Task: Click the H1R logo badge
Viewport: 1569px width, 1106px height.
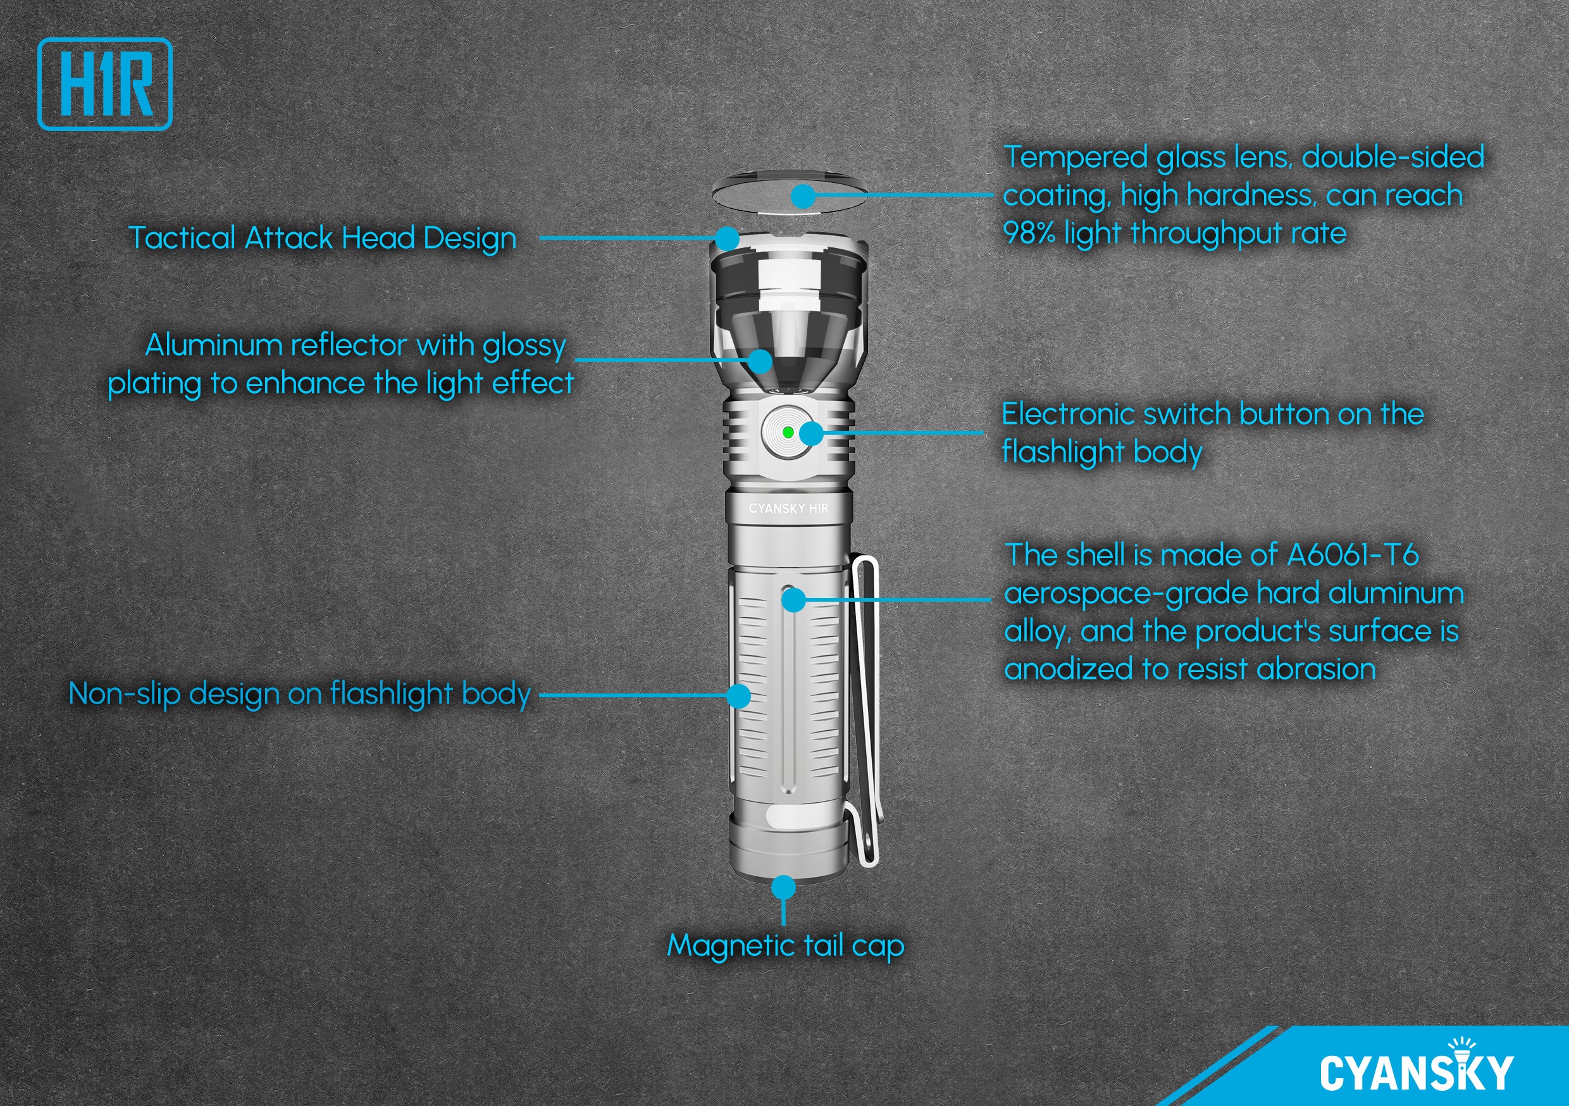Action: pyautogui.click(x=104, y=84)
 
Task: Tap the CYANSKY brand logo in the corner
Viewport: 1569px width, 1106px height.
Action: pyautogui.click(x=1417, y=1067)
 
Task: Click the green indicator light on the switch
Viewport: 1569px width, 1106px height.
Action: pyautogui.click(x=787, y=432)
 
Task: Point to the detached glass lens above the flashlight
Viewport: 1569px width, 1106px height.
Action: pyautogui.click(x=790, y=194)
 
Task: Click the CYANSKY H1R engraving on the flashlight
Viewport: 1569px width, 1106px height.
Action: pyautogui.click(x=788, y=509)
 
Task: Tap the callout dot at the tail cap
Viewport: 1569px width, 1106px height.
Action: pyautogui.click(x=783, y=888)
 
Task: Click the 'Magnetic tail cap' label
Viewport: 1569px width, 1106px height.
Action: pyautogui.click(x=785, y=946)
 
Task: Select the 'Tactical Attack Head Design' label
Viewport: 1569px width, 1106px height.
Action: pyautogui.click(x=323, y=239)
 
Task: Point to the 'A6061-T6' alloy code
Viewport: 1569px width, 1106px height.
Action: pyautogui.click(x=1353, y=555)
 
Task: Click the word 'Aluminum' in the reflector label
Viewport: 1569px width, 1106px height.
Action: pyautogui.click(x=214, y=345)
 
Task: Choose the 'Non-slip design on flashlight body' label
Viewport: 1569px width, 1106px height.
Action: pyautogui.click(x=300, y=695)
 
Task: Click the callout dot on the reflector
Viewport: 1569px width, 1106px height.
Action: pyautogui.click(x=760, y=360)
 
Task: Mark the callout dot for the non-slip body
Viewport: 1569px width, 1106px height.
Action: pyautogui.click(x=738, y=696)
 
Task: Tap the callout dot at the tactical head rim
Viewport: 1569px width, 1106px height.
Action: pyautogui.click(x=727, y=239)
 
